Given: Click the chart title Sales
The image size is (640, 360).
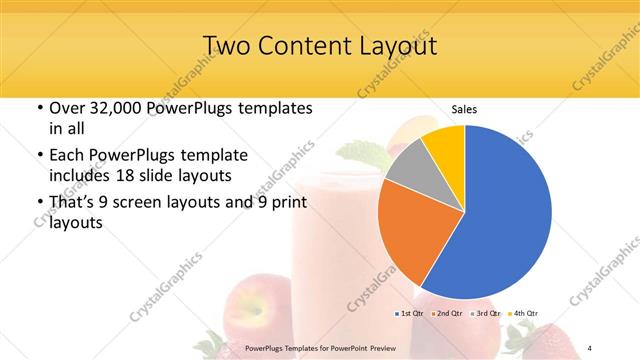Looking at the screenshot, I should [x=463, y=108].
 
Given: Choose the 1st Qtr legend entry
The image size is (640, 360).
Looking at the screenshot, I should [x=411, y=313].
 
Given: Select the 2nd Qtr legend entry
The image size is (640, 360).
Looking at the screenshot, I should [x=447, y=313].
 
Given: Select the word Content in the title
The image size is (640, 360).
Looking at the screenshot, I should [x=310, y=46].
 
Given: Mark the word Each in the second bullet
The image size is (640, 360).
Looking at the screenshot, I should [x=68, y=156].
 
